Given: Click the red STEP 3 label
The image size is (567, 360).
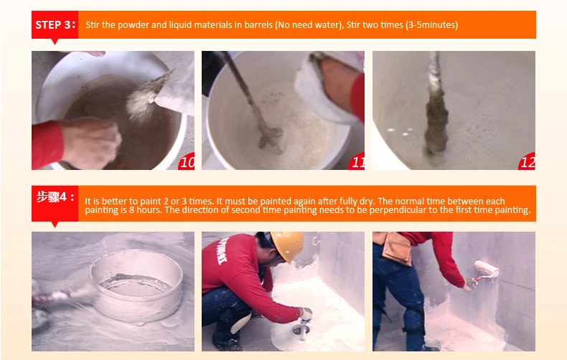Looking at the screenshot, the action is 55,25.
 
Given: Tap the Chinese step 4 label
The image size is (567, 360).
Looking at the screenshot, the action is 55,197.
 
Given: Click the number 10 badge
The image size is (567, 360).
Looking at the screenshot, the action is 187,161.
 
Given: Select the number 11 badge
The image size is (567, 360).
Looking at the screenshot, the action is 357,161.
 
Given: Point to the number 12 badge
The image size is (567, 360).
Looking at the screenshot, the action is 527,161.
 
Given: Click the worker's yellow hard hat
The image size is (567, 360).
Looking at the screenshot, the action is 287,245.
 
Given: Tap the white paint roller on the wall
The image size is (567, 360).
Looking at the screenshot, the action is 487,269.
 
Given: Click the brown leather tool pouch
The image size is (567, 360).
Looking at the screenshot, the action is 397,248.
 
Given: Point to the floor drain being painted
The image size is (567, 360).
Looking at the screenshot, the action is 301,329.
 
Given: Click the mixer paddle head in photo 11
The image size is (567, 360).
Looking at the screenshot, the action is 270,138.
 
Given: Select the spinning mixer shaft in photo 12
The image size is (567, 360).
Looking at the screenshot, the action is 436,105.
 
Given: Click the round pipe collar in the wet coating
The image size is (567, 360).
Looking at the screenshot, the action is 136,285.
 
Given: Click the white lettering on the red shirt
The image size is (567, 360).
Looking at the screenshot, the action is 222,251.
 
